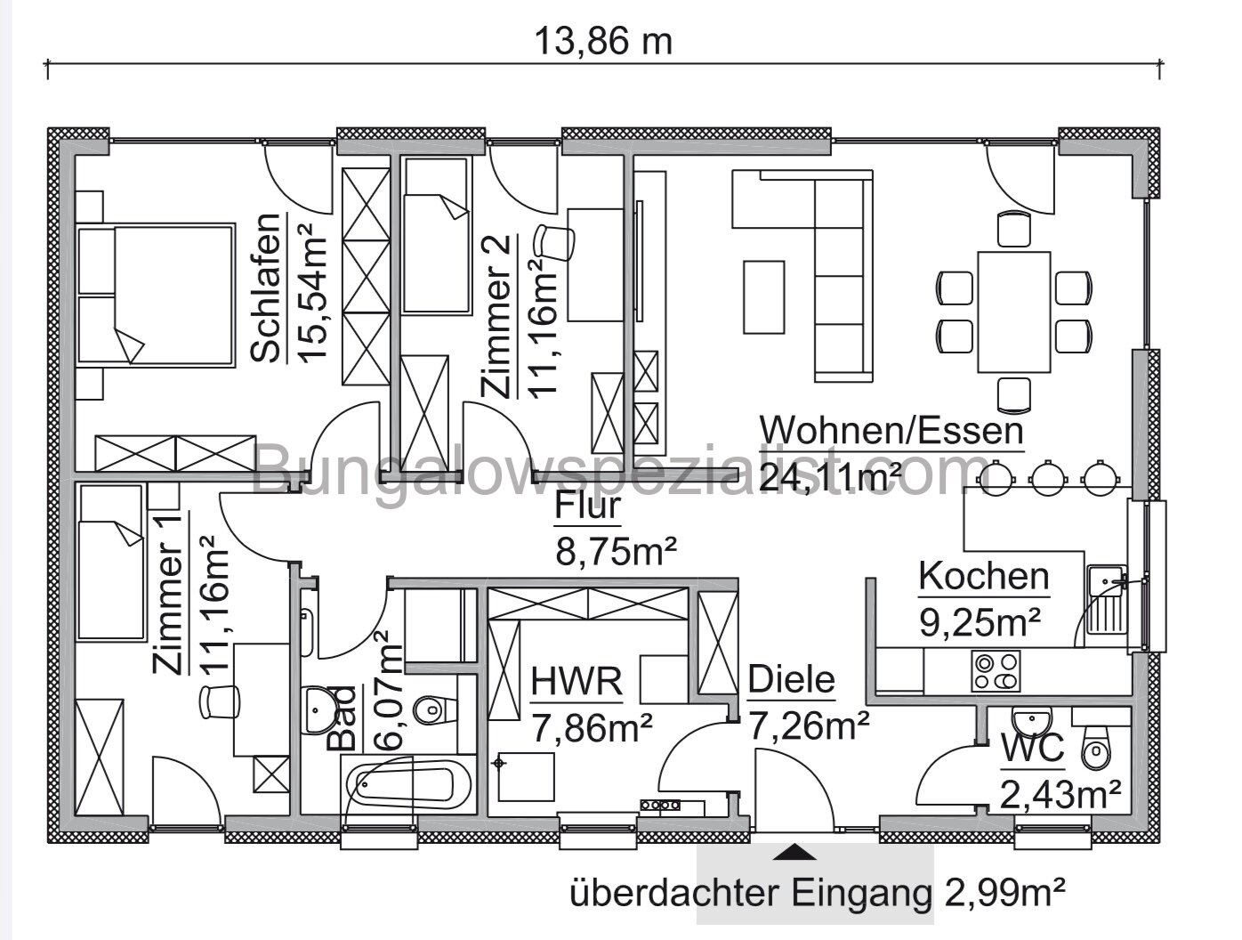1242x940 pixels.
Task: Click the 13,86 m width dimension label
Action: coord(602,40)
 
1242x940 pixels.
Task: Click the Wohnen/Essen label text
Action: coord(889,432)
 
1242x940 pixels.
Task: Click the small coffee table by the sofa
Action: coord(763,296)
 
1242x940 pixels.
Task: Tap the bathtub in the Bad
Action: coord(405,784)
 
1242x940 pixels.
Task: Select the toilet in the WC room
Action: coord(1093,748)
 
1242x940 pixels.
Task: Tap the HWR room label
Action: coord(577,684)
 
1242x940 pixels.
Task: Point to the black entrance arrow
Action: coord(794,853)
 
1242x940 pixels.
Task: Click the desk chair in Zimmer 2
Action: coord(553,241)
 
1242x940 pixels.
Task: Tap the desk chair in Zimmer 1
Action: coord(222,700)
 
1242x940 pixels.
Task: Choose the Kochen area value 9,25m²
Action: coord(980,622)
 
